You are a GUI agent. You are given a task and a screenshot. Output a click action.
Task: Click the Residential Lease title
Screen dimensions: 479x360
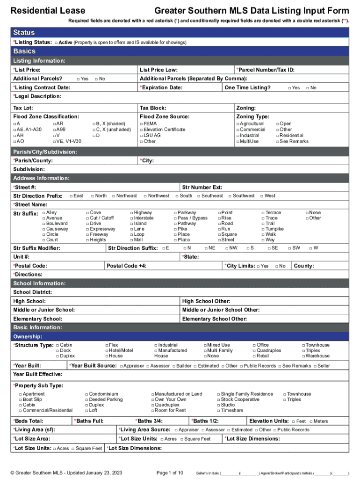[x=48, y=11]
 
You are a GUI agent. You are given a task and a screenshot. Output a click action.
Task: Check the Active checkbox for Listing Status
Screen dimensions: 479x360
[x=56, y=43]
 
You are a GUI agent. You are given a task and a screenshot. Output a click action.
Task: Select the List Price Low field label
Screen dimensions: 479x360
[x=158, y=70]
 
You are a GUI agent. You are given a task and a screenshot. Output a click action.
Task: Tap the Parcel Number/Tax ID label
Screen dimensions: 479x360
[x=265, y=70]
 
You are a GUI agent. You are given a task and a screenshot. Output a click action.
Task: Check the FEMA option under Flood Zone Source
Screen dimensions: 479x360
[x=142, y=124]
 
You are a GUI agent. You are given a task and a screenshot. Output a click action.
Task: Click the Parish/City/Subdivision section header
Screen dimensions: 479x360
[x=45, y=152]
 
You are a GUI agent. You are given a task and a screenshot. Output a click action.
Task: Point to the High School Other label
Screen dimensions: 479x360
[x=206, y=301]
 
